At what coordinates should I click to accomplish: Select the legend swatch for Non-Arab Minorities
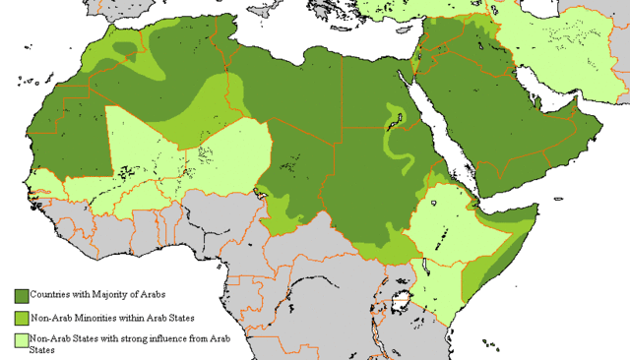tap(21, 318)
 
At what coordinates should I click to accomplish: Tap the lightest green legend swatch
tap(21, 339)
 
